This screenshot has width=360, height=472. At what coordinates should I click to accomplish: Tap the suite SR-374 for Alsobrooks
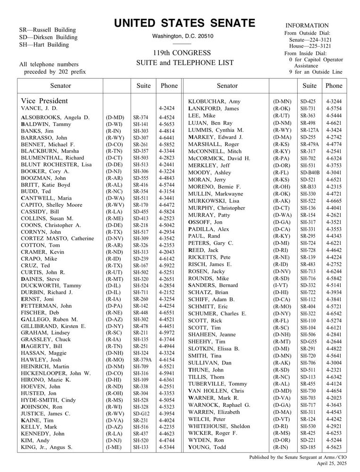pyautogui.click(x=140, y=117)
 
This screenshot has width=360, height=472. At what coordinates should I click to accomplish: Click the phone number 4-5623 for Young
pyautogui.click(x=334, y=447)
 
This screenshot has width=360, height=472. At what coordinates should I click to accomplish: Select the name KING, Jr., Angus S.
pyautogui.click(x=46, y=447)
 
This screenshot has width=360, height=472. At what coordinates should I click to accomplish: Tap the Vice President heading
pyautogui.click(x=44, y=101)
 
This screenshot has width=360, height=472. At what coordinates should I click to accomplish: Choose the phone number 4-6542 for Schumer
pyautogui.click(x=334, y=314)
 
